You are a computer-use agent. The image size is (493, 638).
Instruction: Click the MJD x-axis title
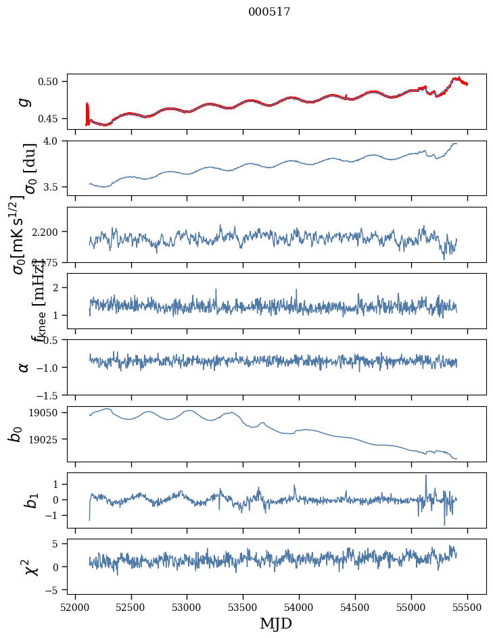[276, 623]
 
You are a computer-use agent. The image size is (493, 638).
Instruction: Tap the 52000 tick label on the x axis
[75, 606]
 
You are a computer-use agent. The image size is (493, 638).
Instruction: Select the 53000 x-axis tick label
[187, 606]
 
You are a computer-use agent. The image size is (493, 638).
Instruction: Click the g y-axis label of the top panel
[24, 101]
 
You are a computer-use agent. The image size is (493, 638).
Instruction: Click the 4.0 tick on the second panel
[54, 141]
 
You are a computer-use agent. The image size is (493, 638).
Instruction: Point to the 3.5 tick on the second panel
[54, 187]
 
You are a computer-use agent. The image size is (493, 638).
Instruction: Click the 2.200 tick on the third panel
[47, 232]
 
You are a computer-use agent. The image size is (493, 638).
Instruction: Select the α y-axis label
[24, 367]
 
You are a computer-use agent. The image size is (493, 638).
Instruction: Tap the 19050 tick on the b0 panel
[47, 413]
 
